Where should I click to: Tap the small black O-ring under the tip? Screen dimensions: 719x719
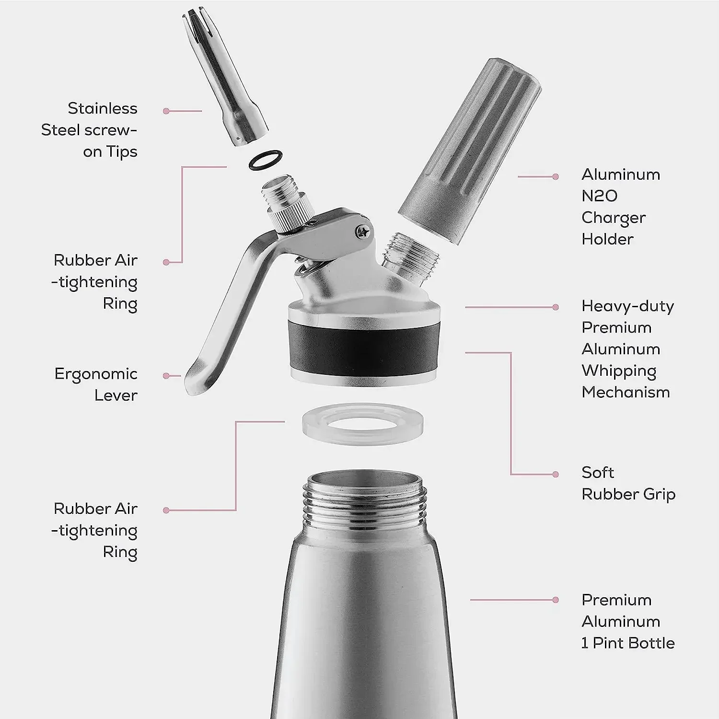click(266, 160)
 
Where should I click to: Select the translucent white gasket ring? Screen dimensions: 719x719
click(363, 424)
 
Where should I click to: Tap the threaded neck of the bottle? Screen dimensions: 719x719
click(364, 503)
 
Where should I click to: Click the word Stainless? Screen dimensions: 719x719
click(102, 108)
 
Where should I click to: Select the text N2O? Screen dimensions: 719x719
click(599, 196)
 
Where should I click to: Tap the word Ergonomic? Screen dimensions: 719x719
click(96, 374)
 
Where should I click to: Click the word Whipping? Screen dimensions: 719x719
click(619, 371)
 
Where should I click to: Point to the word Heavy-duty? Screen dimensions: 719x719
click(627, 306)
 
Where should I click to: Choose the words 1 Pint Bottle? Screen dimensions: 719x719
click(628, 643)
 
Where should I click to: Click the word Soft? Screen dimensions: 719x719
click(597, 473)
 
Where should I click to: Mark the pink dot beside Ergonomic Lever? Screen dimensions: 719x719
click(166, 376)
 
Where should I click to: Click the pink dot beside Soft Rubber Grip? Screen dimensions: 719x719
click(556, 475)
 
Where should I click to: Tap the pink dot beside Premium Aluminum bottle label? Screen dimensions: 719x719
click(556, 600)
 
